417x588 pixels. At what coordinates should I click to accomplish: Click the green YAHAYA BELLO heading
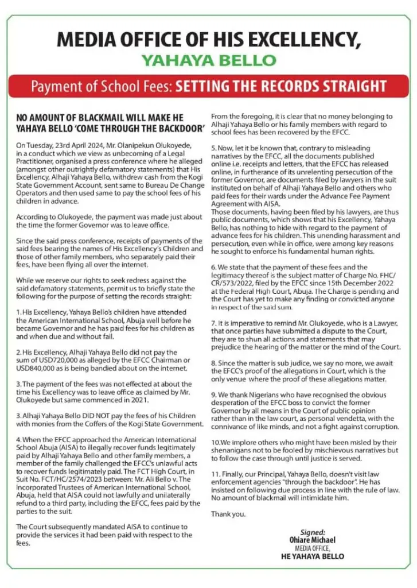[x=208, y=60]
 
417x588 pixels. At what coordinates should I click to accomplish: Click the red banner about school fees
[x=208, y=87]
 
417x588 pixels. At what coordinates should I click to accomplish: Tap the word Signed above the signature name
[x=313, y=532]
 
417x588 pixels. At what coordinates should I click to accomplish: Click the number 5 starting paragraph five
[x=213, y=148]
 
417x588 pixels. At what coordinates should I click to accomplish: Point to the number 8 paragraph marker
[x=213, y=363]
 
